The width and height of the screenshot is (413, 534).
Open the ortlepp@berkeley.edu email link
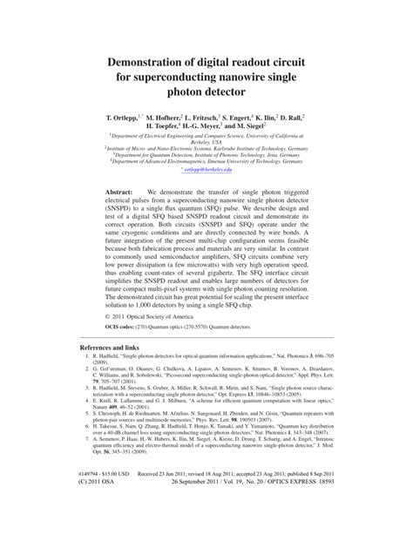tap(207, 170)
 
